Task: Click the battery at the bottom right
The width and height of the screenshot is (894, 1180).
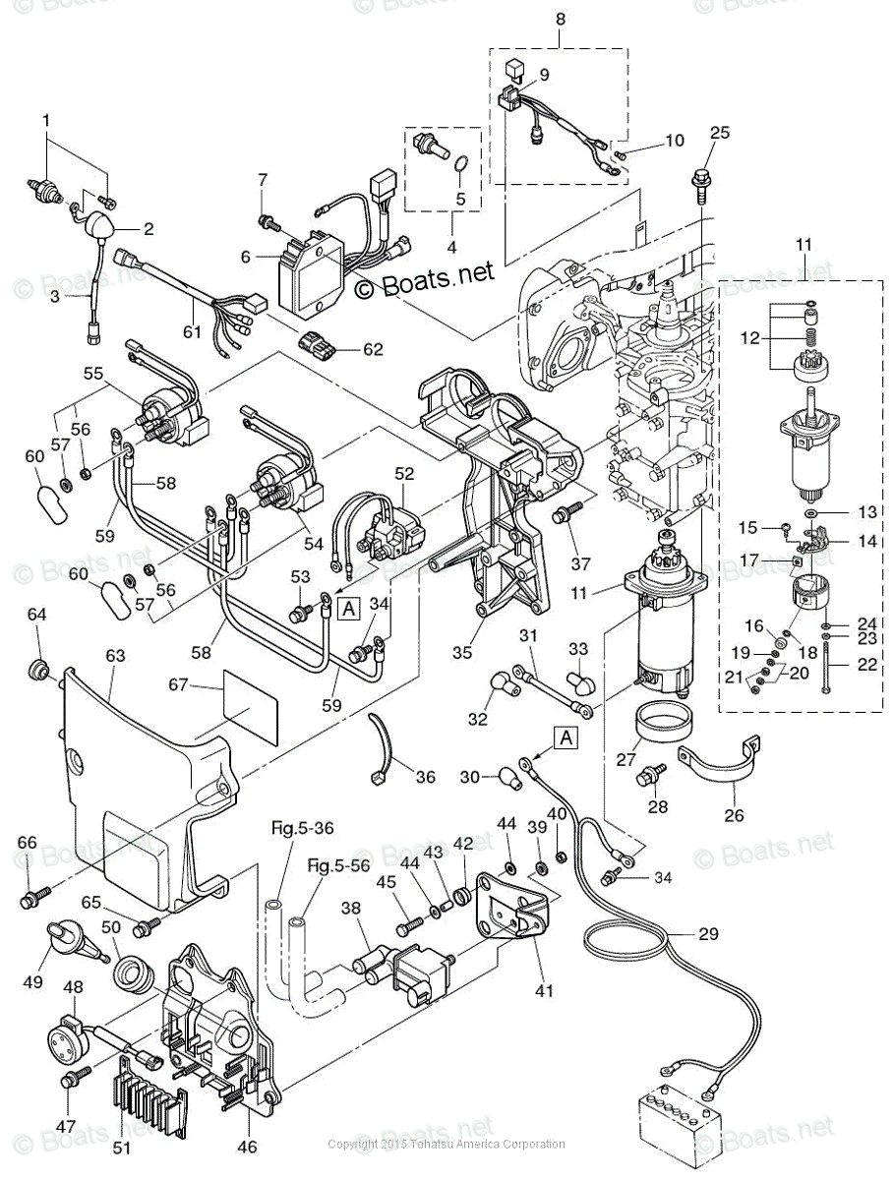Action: coord(680,1120)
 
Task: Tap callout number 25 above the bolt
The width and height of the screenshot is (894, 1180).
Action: coord(720,133)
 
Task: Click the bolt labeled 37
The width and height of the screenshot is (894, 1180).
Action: coord(568,513)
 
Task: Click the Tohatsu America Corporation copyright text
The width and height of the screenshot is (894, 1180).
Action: coord(447,1144)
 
